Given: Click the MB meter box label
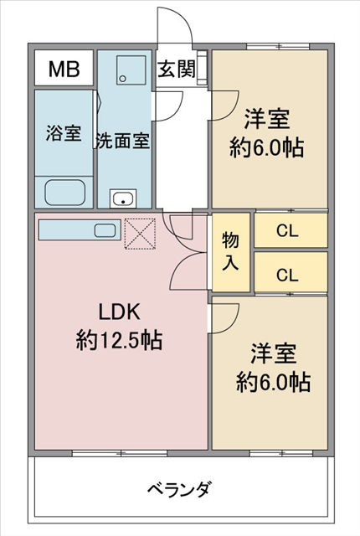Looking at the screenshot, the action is click(x=64, y=69).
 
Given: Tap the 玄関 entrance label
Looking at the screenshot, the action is click(x=177, y=69).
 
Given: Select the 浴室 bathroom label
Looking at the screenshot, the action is click(x=64, y=132).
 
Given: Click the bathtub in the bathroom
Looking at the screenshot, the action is click(x=64, y=192).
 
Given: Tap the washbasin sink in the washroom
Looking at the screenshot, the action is click(x=123, y=198).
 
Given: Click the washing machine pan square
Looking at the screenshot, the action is click(x=131, y=70).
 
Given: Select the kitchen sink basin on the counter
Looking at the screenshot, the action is click(x=105, y=231).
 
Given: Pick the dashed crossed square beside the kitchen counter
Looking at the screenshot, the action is click(x=140, y=234).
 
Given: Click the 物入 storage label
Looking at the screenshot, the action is click(x=230, y=251).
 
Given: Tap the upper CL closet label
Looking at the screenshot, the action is click(x=287, y=231).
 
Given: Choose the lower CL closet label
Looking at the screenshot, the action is click(x=287, y=275).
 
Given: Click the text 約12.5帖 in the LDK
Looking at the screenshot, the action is click(x=119, y=340).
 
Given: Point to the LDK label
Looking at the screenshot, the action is click(x=119, y=312).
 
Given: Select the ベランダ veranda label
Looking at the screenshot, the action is click(x=180, y=489).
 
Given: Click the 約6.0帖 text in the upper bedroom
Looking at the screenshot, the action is click(x=266, y=148).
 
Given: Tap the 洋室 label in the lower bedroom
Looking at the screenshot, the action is click(x=274, y=353).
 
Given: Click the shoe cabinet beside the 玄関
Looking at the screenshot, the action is click(x=203, y=67).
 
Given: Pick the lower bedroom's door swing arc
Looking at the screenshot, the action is click(x=230, y=322).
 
